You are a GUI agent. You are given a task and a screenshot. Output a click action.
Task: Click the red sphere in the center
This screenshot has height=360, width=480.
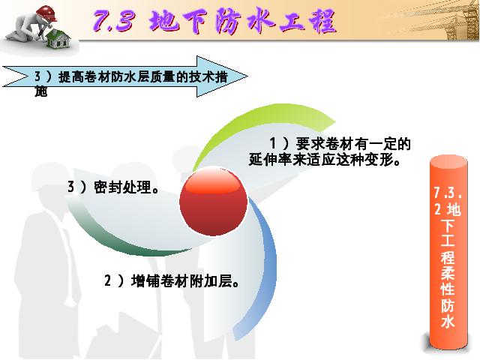click(x=213, y=202)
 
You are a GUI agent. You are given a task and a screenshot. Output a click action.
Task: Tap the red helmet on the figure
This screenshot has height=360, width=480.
click(x=46, y=13)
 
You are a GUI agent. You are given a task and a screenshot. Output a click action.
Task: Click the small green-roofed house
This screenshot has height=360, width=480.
click(x=58, y=39)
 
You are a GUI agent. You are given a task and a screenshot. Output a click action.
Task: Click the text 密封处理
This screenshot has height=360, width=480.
click(x=122, y=187)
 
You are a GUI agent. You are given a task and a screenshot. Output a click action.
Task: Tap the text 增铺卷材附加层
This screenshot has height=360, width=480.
click(x=181, y=280)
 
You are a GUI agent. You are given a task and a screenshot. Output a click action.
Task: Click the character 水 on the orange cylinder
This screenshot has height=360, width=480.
click(x=448, y=322)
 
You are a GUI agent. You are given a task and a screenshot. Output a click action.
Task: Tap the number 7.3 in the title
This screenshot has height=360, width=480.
click(x=114, y=21)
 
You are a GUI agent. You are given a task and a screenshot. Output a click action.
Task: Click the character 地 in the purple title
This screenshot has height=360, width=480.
click(x=163, y=21)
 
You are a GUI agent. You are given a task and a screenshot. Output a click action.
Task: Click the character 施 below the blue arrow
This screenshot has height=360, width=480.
click(x=40, y=91)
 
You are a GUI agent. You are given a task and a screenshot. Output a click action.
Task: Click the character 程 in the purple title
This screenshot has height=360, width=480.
click(x=322, y=21)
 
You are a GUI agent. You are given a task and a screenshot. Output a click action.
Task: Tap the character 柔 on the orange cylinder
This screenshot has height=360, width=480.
click(x=448, y=271)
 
